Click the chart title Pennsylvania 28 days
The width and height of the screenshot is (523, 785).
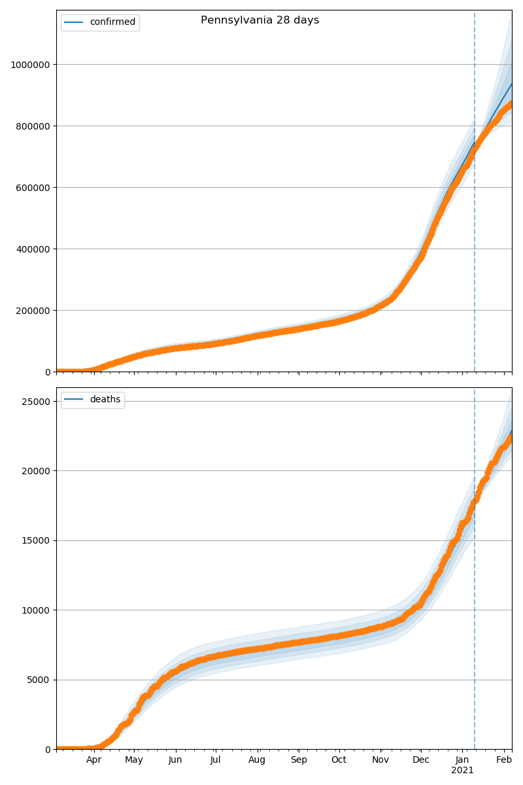click(260, 20)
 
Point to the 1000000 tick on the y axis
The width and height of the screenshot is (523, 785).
click(31, 65)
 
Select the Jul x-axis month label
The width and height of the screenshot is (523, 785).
click(215, 760)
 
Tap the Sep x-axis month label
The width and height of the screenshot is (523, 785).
click(299, 760)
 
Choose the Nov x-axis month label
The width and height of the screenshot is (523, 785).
click(380, 760)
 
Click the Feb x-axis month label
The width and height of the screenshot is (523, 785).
click(504, 760)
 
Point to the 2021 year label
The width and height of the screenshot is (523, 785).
click(462, 771)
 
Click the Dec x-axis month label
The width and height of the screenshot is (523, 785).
click(421, 760)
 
